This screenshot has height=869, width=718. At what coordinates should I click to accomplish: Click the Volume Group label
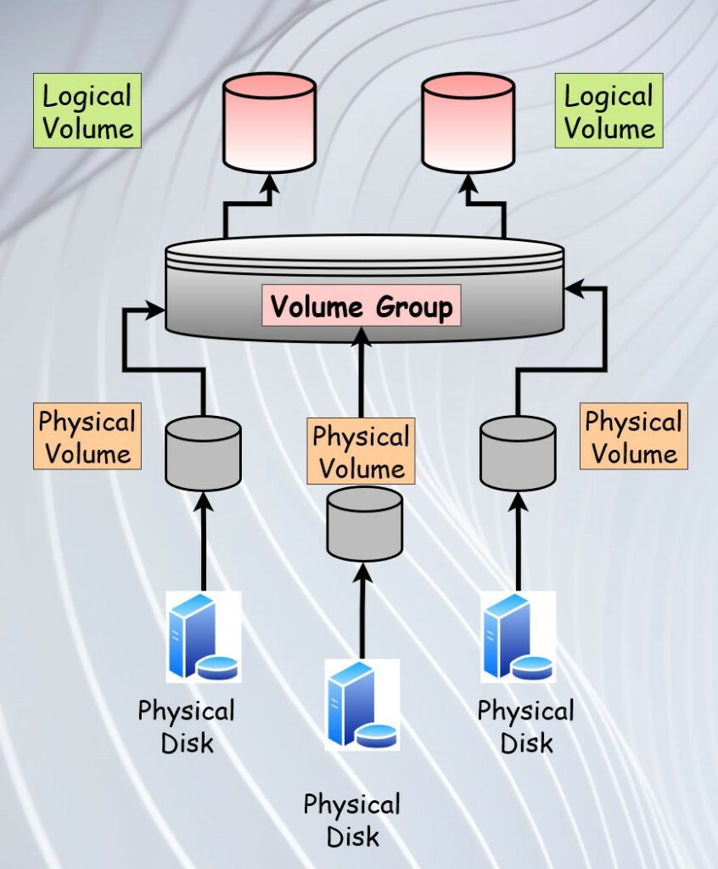(362, 306)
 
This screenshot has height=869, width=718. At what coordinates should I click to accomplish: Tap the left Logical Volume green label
(87, 111)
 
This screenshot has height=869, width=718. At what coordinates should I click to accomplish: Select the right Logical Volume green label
(609, 111)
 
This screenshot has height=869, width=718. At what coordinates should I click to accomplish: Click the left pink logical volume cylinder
(269, 122)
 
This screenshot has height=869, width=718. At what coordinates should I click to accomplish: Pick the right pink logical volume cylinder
(468, 122)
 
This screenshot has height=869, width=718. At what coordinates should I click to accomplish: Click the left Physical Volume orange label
(87, 437)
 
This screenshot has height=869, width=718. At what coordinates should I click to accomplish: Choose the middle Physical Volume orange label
(362, 452)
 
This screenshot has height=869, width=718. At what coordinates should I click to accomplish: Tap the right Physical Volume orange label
(634, 437)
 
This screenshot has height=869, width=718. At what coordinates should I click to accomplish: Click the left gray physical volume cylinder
(203, 453)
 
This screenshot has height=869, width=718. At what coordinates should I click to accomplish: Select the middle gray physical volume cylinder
(364, 523)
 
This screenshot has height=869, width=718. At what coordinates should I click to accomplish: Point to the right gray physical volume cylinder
(518, 453)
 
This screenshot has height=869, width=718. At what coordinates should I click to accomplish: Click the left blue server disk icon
(203, 636)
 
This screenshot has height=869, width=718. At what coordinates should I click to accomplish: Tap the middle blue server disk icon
(362, 704)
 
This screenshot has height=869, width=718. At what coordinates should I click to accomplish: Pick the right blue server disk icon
(518, 636)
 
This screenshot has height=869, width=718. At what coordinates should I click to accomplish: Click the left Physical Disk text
(186, 726)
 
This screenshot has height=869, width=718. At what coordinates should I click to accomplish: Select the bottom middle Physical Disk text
(351, 820)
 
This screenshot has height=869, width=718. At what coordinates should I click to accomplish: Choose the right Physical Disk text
(525, 726)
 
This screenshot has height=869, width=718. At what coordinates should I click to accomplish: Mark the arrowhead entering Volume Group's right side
(574, 289)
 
